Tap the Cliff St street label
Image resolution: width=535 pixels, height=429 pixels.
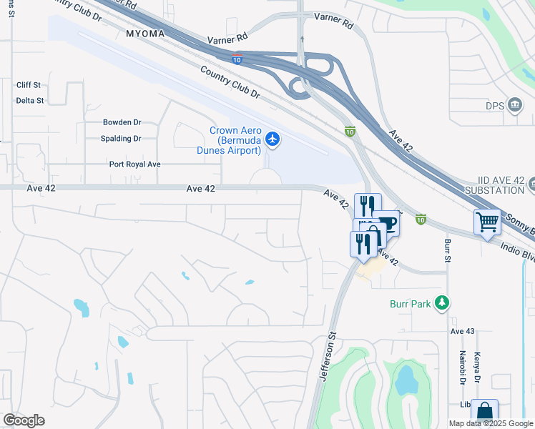click(x=30, y=85)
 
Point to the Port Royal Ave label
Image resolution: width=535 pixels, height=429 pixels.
click(x=134, y=164)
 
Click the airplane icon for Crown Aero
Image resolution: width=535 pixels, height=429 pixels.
click(x=272, y=138)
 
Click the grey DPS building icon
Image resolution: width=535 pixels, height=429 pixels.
click(x=514, y=106)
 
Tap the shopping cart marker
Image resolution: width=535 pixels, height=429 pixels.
click(x=487, y=222)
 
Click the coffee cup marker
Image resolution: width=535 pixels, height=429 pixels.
click(x=386, y=222)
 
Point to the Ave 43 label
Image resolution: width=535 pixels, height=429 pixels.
click(x=462, y=332)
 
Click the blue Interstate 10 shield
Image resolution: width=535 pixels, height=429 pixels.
click(x=236, y=59)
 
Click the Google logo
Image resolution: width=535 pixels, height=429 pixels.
click(x=24, y=420)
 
